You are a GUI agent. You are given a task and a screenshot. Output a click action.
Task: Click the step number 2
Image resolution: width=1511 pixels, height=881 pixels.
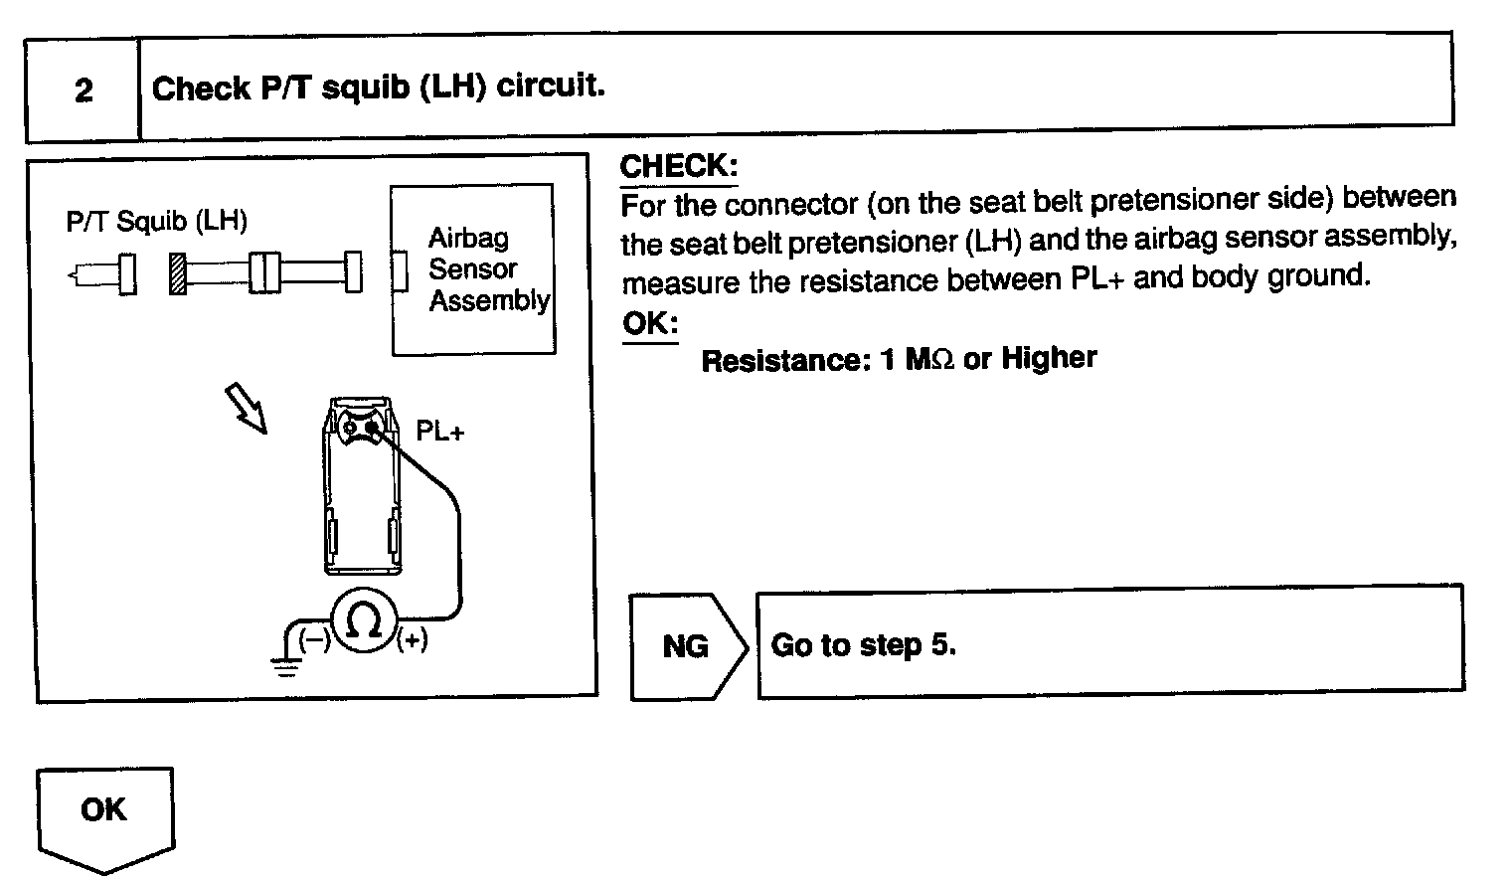pyautogui.click(x=84, y=90)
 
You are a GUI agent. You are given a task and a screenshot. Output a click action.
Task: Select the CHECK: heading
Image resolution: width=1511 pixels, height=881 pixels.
pyautogui.click(x=678, y=166)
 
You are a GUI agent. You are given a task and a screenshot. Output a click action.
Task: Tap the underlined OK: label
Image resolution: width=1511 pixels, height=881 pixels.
pyautogui.click(x=649, y=324)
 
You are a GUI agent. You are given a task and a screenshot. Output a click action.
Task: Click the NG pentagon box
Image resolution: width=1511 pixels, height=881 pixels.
pyautogui.click(x=687, y=646)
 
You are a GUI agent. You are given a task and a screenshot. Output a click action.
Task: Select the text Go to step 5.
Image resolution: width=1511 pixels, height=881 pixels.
pyautogui.click(x=863, y=645)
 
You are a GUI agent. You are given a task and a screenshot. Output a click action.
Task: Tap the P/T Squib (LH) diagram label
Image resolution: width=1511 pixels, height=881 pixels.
pyautogui.click(x=156, y=221)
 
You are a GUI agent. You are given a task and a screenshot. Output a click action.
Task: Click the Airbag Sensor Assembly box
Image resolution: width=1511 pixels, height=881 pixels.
pyautogui.click(x=473, y=268)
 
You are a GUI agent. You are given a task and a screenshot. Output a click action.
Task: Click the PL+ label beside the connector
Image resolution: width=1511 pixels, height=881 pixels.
pyautogui.click(x=440, y=432)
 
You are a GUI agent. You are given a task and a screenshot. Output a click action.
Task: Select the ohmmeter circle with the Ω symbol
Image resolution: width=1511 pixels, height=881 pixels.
pyautogui.click(x=364, y=621)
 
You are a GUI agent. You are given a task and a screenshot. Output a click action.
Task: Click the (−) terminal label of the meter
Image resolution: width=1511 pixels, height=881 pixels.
pyautogui.click(x=316, y=640)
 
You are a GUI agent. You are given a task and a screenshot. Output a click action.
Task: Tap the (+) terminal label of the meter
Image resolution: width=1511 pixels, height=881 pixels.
pyautogui.click(x=412, y=640)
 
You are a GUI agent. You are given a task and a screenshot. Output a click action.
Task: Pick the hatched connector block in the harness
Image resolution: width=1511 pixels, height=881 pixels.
pyautogui.click(x=178, y=273)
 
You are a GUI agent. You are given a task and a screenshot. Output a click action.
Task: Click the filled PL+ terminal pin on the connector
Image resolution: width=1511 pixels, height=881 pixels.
pyautogui.click(x=372, y=429)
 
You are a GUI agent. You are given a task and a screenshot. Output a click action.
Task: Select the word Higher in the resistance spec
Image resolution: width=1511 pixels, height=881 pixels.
pyautogui.click(x=1049, y=357)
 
